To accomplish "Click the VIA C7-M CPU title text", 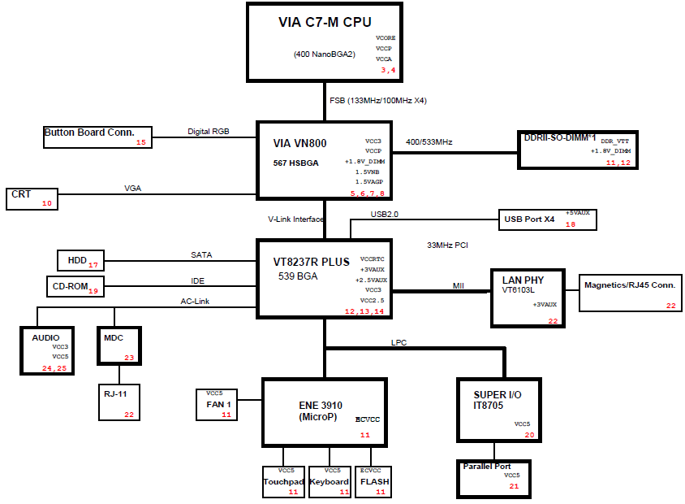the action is [325, 22].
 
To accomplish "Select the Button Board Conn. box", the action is [98, 137].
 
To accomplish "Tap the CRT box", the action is [32, 199].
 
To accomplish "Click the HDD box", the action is [81, 261].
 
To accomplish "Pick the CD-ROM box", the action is [75, 287].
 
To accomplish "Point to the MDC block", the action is [119, 345].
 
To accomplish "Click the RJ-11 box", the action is [119, 402].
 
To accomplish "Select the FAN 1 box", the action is [217, 405].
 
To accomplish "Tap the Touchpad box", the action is [283, 482].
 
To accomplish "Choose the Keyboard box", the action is [330, 482].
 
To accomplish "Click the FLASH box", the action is [373, 482].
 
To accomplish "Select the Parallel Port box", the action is [494, 479].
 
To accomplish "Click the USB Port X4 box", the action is [548, 219].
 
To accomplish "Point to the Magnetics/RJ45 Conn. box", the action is [631, 293].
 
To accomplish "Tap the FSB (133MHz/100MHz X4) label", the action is [378, 101].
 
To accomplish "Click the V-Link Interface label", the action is [295, 219].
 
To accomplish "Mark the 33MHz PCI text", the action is [447, 245].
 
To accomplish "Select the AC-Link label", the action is [195, 302].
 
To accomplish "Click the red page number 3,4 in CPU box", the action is [388, 70].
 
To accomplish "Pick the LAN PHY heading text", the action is [523, 280].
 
